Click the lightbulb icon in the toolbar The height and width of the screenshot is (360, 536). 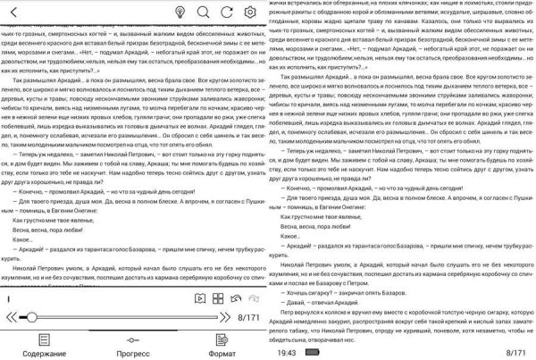[x=180, y=12]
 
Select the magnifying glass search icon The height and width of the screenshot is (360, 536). [x=203, y=12]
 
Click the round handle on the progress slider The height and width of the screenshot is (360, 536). [x=31, y=316]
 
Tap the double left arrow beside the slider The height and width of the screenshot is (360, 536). [x=12, y=316]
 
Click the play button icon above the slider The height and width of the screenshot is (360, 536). [x=202, y=297]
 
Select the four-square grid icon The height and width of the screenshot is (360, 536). [x=220, y=297]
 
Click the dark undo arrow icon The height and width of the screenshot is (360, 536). [x=238, y=297]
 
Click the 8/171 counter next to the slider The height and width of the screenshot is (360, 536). [x=248, y=317]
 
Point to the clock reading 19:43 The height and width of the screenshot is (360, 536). [x=286, y=353]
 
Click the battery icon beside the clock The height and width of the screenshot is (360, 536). [x=312, y=353]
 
